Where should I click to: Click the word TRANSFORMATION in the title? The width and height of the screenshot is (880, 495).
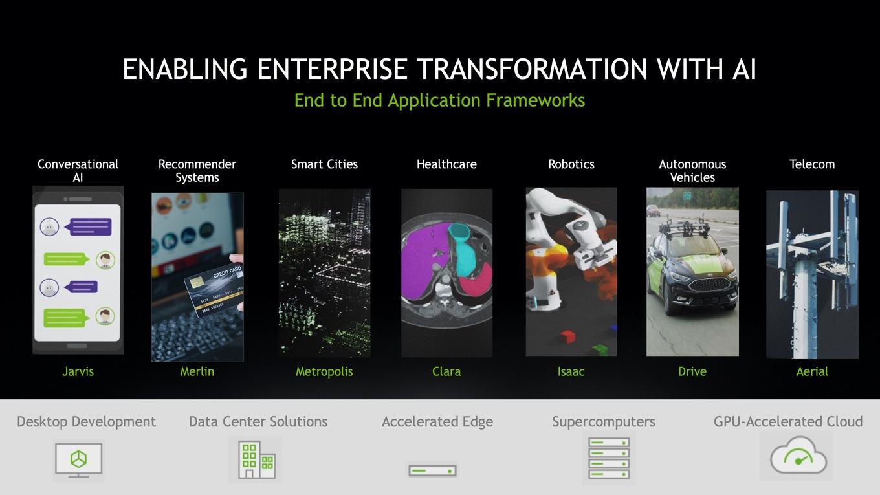tap(531, 69)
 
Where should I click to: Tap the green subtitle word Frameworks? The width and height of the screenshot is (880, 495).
tap(536, 100)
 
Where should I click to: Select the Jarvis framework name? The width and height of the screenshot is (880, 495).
tap(78, 371)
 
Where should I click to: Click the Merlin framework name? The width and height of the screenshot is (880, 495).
tap(197, 371)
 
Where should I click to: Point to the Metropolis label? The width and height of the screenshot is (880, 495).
tap(324, 372)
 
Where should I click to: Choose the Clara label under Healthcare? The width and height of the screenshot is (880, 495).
tap(446, 371)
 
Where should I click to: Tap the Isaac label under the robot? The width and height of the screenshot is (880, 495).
tap(571, 371)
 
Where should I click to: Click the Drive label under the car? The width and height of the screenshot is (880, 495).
tap(692, 371)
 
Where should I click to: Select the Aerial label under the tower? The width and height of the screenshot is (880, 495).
tap(812, 371)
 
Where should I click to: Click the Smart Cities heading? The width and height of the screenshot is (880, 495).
tap(324, 164)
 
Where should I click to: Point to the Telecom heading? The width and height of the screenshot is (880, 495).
tap(812, 164)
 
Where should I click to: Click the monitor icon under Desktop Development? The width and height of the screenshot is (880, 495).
tap(78, 460)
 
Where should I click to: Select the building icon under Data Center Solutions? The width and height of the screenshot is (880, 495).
tap(256, 459)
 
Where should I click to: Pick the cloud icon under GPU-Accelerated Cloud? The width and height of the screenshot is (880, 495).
tap(798, 456)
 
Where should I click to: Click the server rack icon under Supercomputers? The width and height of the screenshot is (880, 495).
tap(608, 458)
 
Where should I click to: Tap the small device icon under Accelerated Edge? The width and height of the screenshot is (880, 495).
tap(432, 470)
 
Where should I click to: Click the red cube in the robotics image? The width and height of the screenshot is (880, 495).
tap(567, 336)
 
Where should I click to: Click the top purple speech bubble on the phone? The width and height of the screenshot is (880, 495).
tap(90, 227)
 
